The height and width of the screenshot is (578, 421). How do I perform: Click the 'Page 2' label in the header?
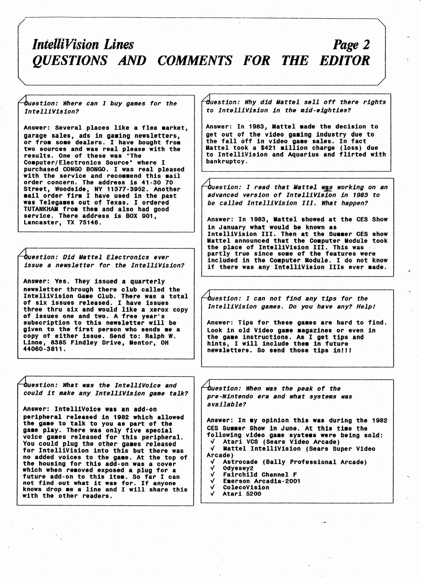(x=351, y=45)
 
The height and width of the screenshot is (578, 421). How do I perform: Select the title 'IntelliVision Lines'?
(x=83, y=45)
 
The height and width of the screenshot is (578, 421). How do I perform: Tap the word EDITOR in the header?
(x=344, y=60)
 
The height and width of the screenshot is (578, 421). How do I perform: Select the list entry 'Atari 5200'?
(x=242, y=494)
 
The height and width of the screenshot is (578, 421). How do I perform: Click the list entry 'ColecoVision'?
(x=246, y=487)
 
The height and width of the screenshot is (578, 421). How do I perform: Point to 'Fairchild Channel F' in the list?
(x=260, y=475)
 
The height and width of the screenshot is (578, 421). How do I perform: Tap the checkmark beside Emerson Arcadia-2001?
(x=212, y=481)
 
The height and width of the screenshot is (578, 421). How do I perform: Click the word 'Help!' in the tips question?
(x=366, y=307)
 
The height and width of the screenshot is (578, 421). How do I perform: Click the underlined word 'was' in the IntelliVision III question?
(x=327, y=187)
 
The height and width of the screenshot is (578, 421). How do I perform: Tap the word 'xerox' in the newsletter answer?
(x=147, y=310)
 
